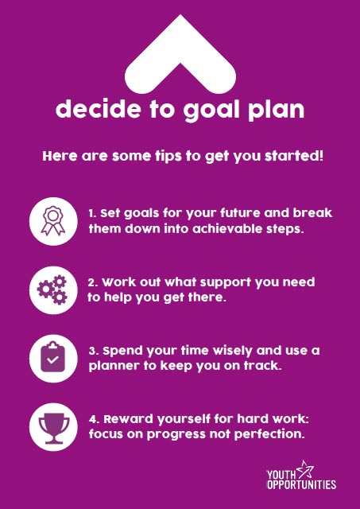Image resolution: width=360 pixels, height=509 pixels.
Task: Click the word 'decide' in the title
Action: point(99,109)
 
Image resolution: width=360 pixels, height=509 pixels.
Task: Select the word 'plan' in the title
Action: point(276,111)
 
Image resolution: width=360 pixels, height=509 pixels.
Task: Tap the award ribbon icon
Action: point(53,221)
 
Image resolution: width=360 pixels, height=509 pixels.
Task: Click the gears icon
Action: point(52,289)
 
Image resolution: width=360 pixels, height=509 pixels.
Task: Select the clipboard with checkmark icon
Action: point(53,357)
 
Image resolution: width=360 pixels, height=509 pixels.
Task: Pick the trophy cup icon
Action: point(54,429)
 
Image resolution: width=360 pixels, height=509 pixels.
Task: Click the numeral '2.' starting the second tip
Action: point(93,282)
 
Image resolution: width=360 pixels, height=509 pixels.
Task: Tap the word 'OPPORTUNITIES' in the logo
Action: point(301,484)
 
